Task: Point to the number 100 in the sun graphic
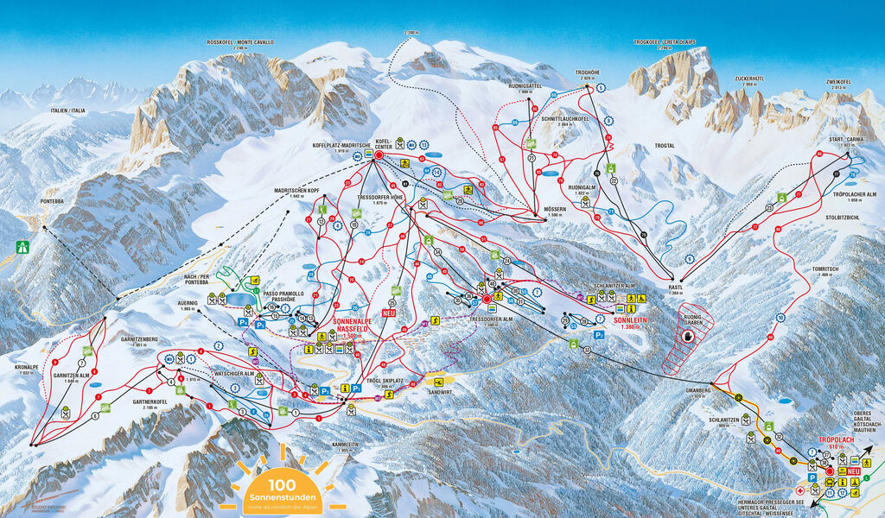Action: point(282,485)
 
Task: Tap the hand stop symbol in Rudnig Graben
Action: point(690,337)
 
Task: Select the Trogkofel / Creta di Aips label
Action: point(664,42)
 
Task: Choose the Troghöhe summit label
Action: point(587,74)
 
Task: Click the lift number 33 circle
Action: point(587,350)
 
